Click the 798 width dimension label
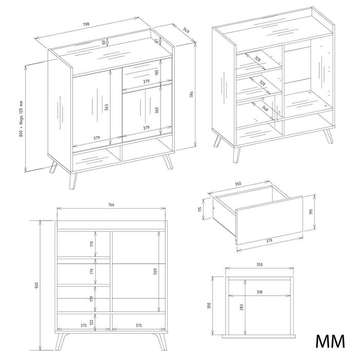click(x=86, y=24)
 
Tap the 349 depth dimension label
click(x=186, y=30)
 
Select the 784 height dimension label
click(x=191, y=95)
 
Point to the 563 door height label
click(x=106, y=107)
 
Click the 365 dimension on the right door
click(x=157, y=110)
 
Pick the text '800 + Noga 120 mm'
click(x=21, y=119)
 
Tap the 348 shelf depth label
click(x=265, y=109)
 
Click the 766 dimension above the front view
click(x=111, y=205)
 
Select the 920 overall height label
click(x=37, y=285)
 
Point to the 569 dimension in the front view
click(x=155, y=272)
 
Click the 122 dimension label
click(x=92, y=322)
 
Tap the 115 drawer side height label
click(x=200, y=209)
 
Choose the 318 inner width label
click(x=259, y=292)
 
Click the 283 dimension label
click(x=241, y=308)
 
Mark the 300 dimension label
click(x=209, y=305)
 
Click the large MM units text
click(x=330, y=341)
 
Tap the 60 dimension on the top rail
click(x=103, y=42)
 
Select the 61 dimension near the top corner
click(x=156, y=41)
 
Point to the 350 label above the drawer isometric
click(x=238, y=184)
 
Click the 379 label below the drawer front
click(x=269, y=241)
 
